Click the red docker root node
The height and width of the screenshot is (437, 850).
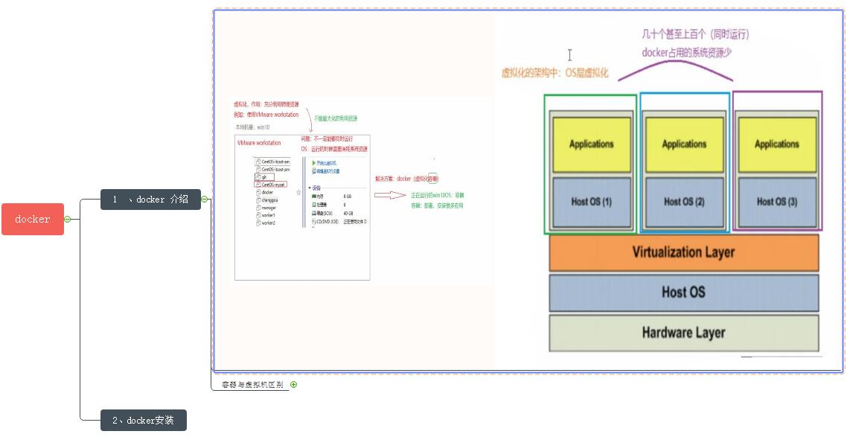pyautogui.click(x=33, y=219)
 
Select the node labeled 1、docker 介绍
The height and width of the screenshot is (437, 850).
pyautogui.click(x=150, y=200)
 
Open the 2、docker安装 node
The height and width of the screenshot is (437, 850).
pyautogui.click(x=143, y=421)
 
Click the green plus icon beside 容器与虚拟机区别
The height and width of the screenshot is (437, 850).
pyautogui.click(x=293, y=385)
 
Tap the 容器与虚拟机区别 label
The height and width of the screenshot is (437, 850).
pyautogui.click(x=252, y=385)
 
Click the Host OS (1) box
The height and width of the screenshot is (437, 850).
pyautogui.click(x=591, y=201)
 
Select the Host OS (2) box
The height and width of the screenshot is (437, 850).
pyautogui.click(x=684, y=201)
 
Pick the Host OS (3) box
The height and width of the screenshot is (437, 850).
pyautogui.click(x=777, y=201)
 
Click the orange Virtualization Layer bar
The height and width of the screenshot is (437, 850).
pyautogui.click(x=683, y=252)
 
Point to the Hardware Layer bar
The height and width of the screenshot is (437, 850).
pyautogui.click(x=683, y=333)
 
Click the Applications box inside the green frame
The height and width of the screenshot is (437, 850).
pyautogui.click(x=591, y=144)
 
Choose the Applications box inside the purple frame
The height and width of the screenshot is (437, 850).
pyautogui.click(x=777, y=144)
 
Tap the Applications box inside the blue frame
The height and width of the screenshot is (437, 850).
pyautogui.click(x=684, y=144)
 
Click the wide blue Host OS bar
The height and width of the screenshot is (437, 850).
pyautogui.click(x=683, y=293)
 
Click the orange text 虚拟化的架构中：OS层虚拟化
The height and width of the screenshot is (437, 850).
pyautogui.click(x=555, y=73)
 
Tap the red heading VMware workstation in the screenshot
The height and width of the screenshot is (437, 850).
pyautogui.click(x=259, y=142)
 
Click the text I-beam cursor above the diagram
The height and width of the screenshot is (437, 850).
pyautogui.click(x=569, y=55)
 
